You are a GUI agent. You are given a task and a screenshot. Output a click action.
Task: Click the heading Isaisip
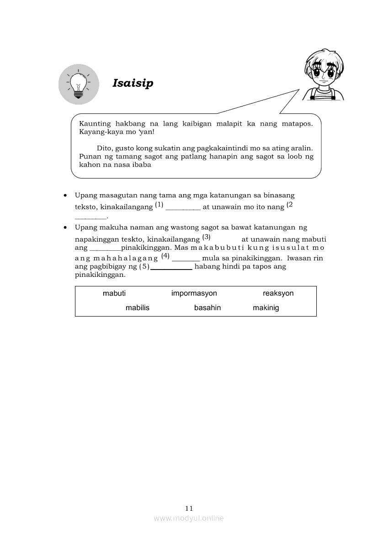[x=133, y=84]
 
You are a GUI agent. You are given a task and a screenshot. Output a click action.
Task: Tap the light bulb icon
[x=79, y=84]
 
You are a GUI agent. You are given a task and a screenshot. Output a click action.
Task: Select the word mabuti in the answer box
[x=114, y=293]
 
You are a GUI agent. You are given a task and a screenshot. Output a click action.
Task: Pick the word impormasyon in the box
[x=194, y=293]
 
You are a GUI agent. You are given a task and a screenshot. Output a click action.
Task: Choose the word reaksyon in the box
[x=278, y=293]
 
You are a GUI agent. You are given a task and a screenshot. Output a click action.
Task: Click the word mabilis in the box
[x=138, y=308]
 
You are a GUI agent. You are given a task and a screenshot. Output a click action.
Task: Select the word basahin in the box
[x=208, y=308]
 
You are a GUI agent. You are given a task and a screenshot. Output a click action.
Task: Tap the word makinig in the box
[x=266, y=308]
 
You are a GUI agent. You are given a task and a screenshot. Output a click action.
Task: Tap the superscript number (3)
[x=206, y=237]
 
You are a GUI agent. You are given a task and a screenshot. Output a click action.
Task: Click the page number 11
[x=189, y=508]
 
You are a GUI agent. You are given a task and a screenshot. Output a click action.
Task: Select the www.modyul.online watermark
[x=189, y=518]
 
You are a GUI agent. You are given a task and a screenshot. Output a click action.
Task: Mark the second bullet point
[x=66, y=227]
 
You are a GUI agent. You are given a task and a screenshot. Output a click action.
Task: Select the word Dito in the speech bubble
[x=104, y=148]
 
